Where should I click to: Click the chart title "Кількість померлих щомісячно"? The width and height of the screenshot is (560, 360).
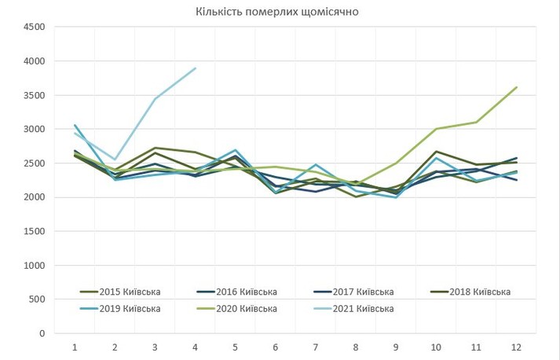(x=280, y=12)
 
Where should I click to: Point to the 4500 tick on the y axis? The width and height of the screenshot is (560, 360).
(x=35, y=28)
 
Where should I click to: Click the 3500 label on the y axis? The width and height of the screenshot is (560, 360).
(x=35, y=95)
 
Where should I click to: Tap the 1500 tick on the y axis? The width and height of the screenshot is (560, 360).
(x=35, y=232)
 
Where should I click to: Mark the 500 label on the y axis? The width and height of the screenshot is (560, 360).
(x=38, y=299)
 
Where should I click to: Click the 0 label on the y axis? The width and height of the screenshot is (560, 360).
(x=42, y=333)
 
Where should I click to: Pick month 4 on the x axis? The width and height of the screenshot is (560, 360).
(x=195, y=347)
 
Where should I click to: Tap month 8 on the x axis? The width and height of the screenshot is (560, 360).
(x=355, y=347)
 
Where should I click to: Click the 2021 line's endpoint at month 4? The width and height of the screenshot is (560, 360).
(x=195, y=68)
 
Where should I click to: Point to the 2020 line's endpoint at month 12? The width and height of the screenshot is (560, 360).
(x=515, y=87)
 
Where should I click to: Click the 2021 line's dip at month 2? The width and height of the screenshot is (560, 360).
(x=115, y=160)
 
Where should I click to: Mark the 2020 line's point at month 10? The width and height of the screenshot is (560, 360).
(x=435, y=129)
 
